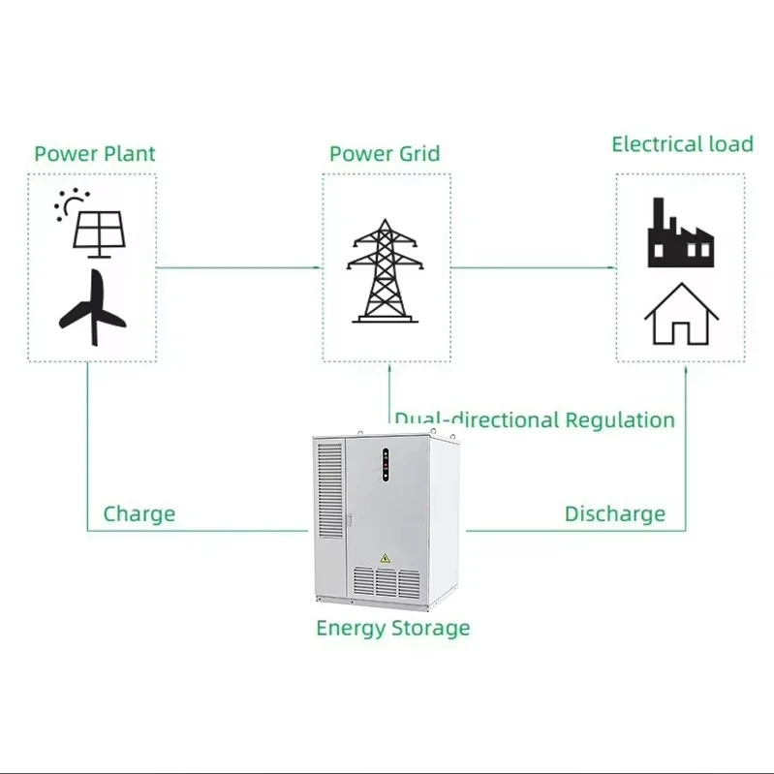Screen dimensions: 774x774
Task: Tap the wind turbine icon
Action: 93,308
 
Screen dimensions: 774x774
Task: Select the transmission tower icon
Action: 386,271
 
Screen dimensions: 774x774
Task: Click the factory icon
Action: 680,234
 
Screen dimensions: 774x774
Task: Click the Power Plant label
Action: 95,153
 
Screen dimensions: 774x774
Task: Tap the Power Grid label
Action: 385,153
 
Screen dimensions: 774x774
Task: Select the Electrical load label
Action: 682,144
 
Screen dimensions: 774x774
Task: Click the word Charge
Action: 139,513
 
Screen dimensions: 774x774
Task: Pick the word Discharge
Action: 615,513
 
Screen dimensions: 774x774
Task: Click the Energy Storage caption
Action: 392,628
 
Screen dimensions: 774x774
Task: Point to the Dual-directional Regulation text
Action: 535,419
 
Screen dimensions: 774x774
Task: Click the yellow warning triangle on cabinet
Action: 385,558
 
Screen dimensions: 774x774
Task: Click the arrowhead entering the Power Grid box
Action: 317,267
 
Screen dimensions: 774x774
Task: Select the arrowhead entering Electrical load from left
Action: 611,267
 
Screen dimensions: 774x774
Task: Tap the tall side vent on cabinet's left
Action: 329,489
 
